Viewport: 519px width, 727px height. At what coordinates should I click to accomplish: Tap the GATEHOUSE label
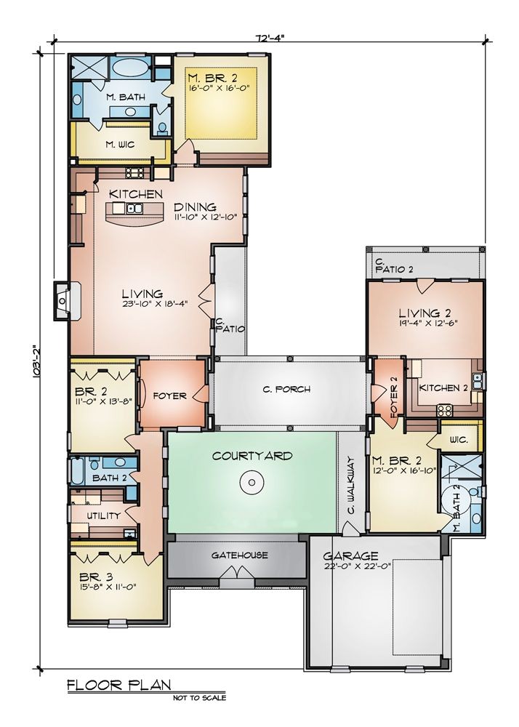pos(239,555)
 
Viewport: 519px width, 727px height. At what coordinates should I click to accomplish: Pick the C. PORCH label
pos(287,390)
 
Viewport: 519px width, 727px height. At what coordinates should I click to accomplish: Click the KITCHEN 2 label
pos(443,388)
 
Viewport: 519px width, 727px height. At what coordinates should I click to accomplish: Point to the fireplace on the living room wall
pos(67,298)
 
